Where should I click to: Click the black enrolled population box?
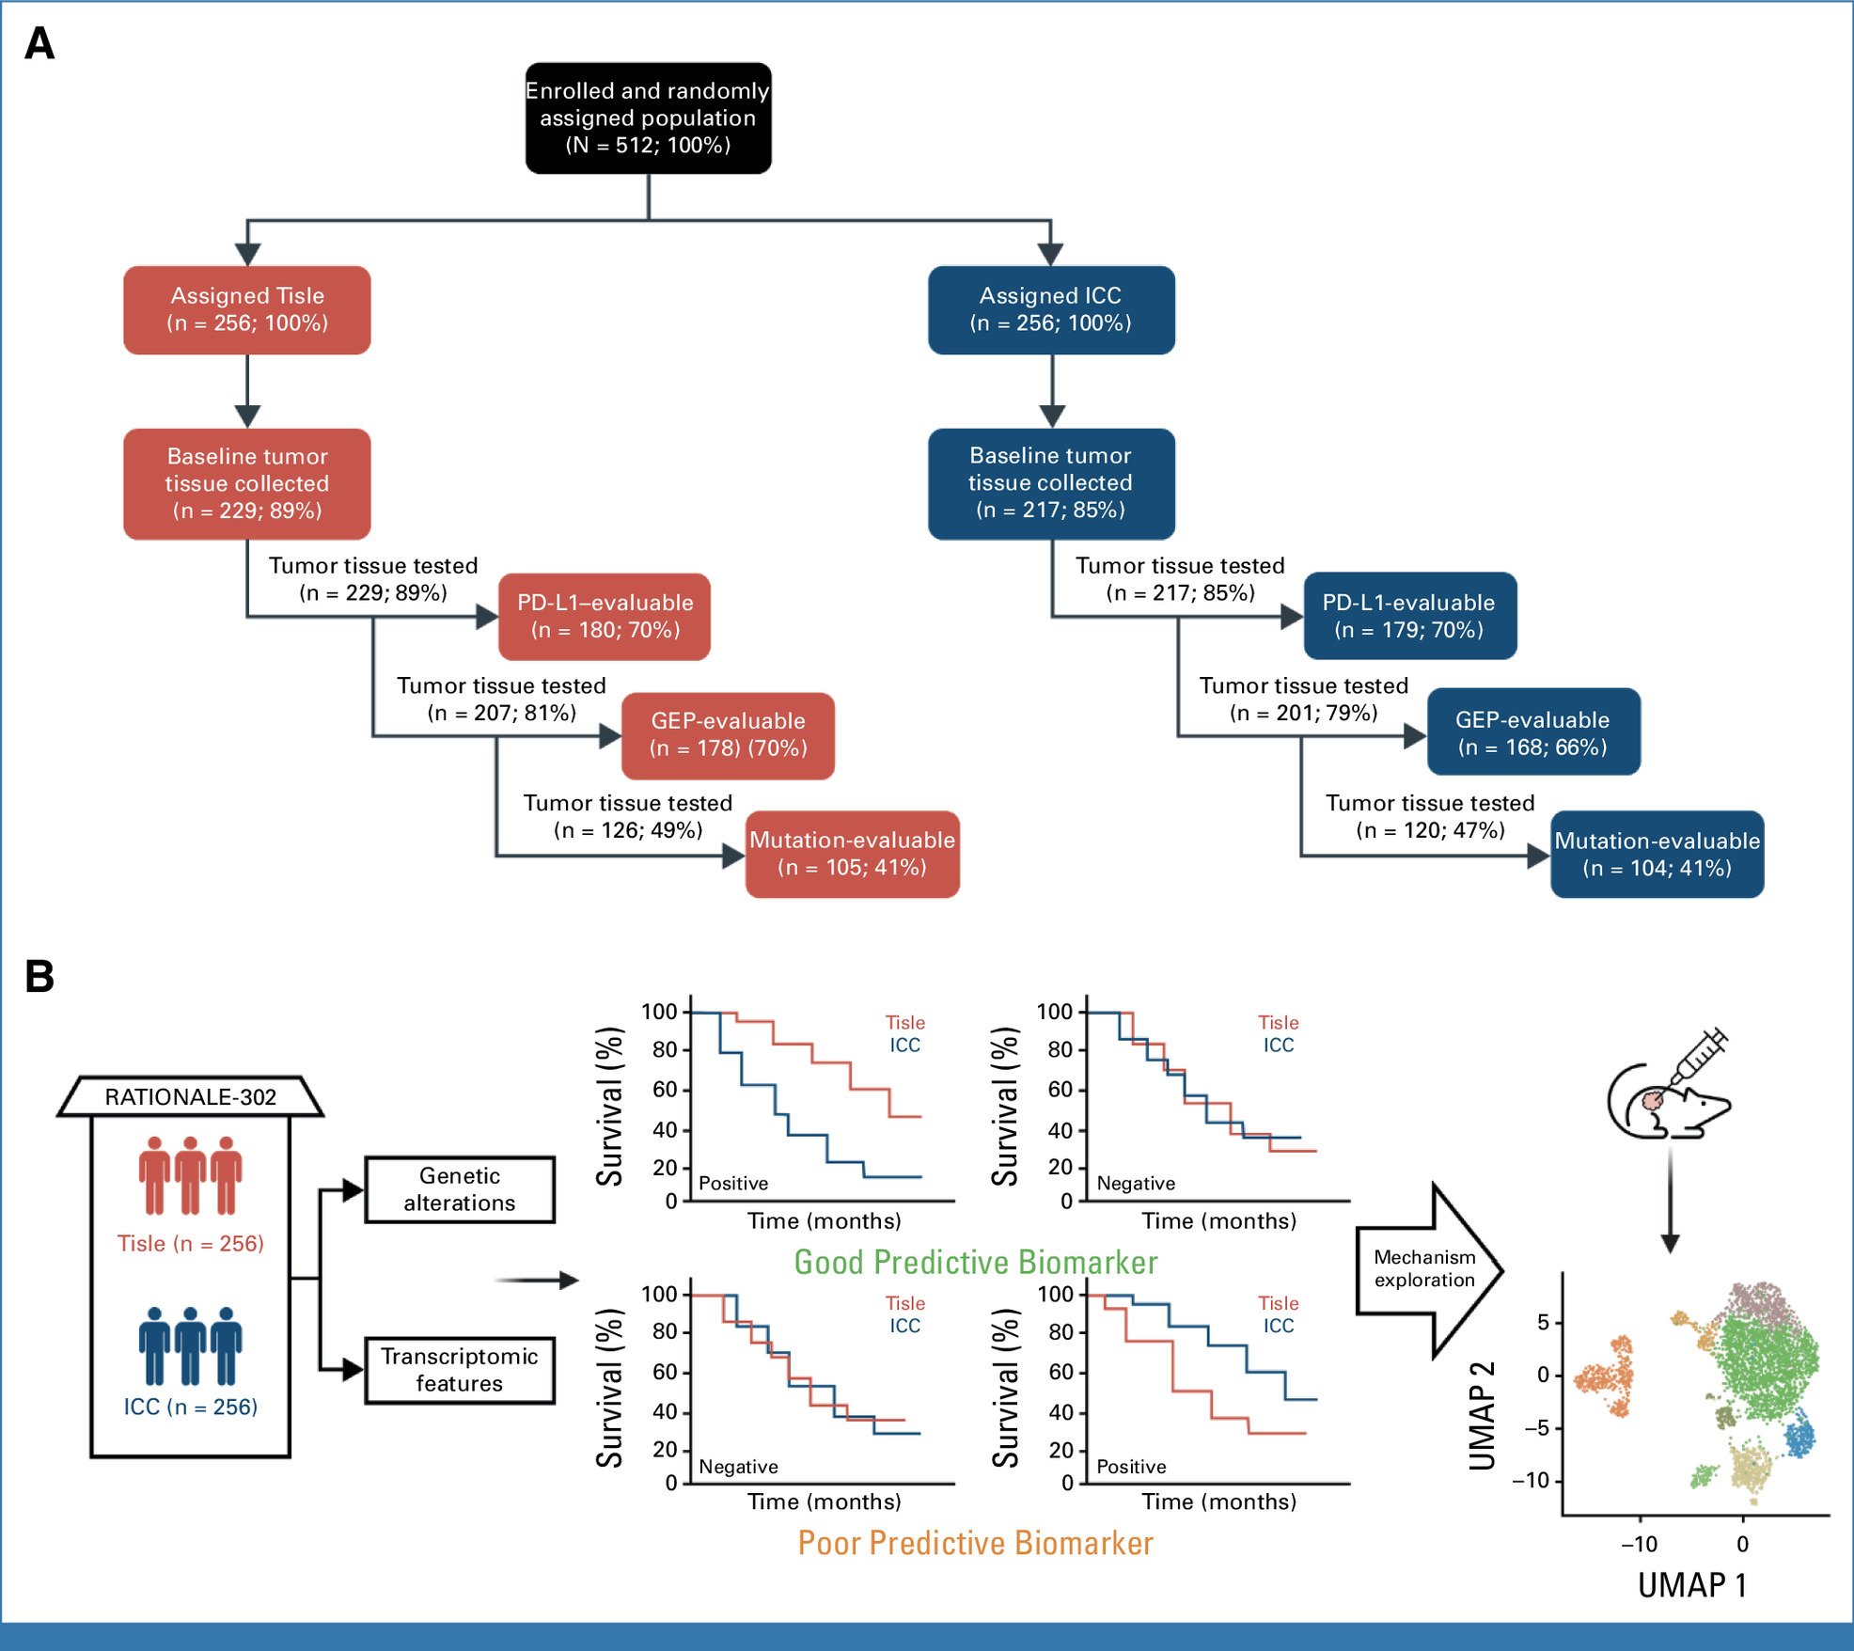click(648, 118)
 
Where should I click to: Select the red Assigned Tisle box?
click(247, 309)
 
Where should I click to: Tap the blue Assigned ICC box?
click(1050, 309)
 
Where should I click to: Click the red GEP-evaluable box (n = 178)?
click(728, 735)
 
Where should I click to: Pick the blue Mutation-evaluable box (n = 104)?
click(1657, 854)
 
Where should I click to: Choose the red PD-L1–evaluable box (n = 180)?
click(605, 616)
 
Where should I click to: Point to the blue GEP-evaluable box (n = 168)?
click(1532, 732)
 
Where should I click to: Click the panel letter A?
click(39, 43)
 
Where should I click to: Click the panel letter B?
click(39, 976)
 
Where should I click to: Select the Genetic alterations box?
click(460, 1189)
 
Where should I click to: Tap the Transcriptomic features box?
click(460, 1370)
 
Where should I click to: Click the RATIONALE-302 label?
click(191, 1097)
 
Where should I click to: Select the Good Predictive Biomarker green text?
click(975, 1262)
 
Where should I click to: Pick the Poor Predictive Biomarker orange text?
click(975, 1543)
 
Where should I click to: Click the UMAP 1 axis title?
click(1692, 1585)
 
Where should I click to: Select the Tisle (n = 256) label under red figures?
click(191, 1243)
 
